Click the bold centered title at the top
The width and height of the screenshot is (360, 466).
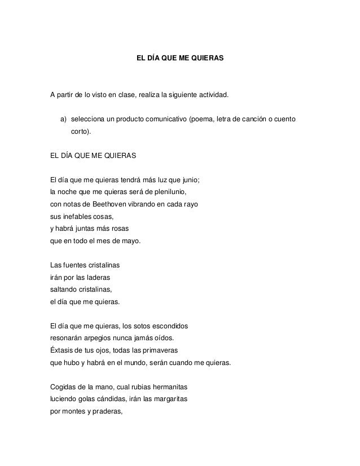pos(180,58)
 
